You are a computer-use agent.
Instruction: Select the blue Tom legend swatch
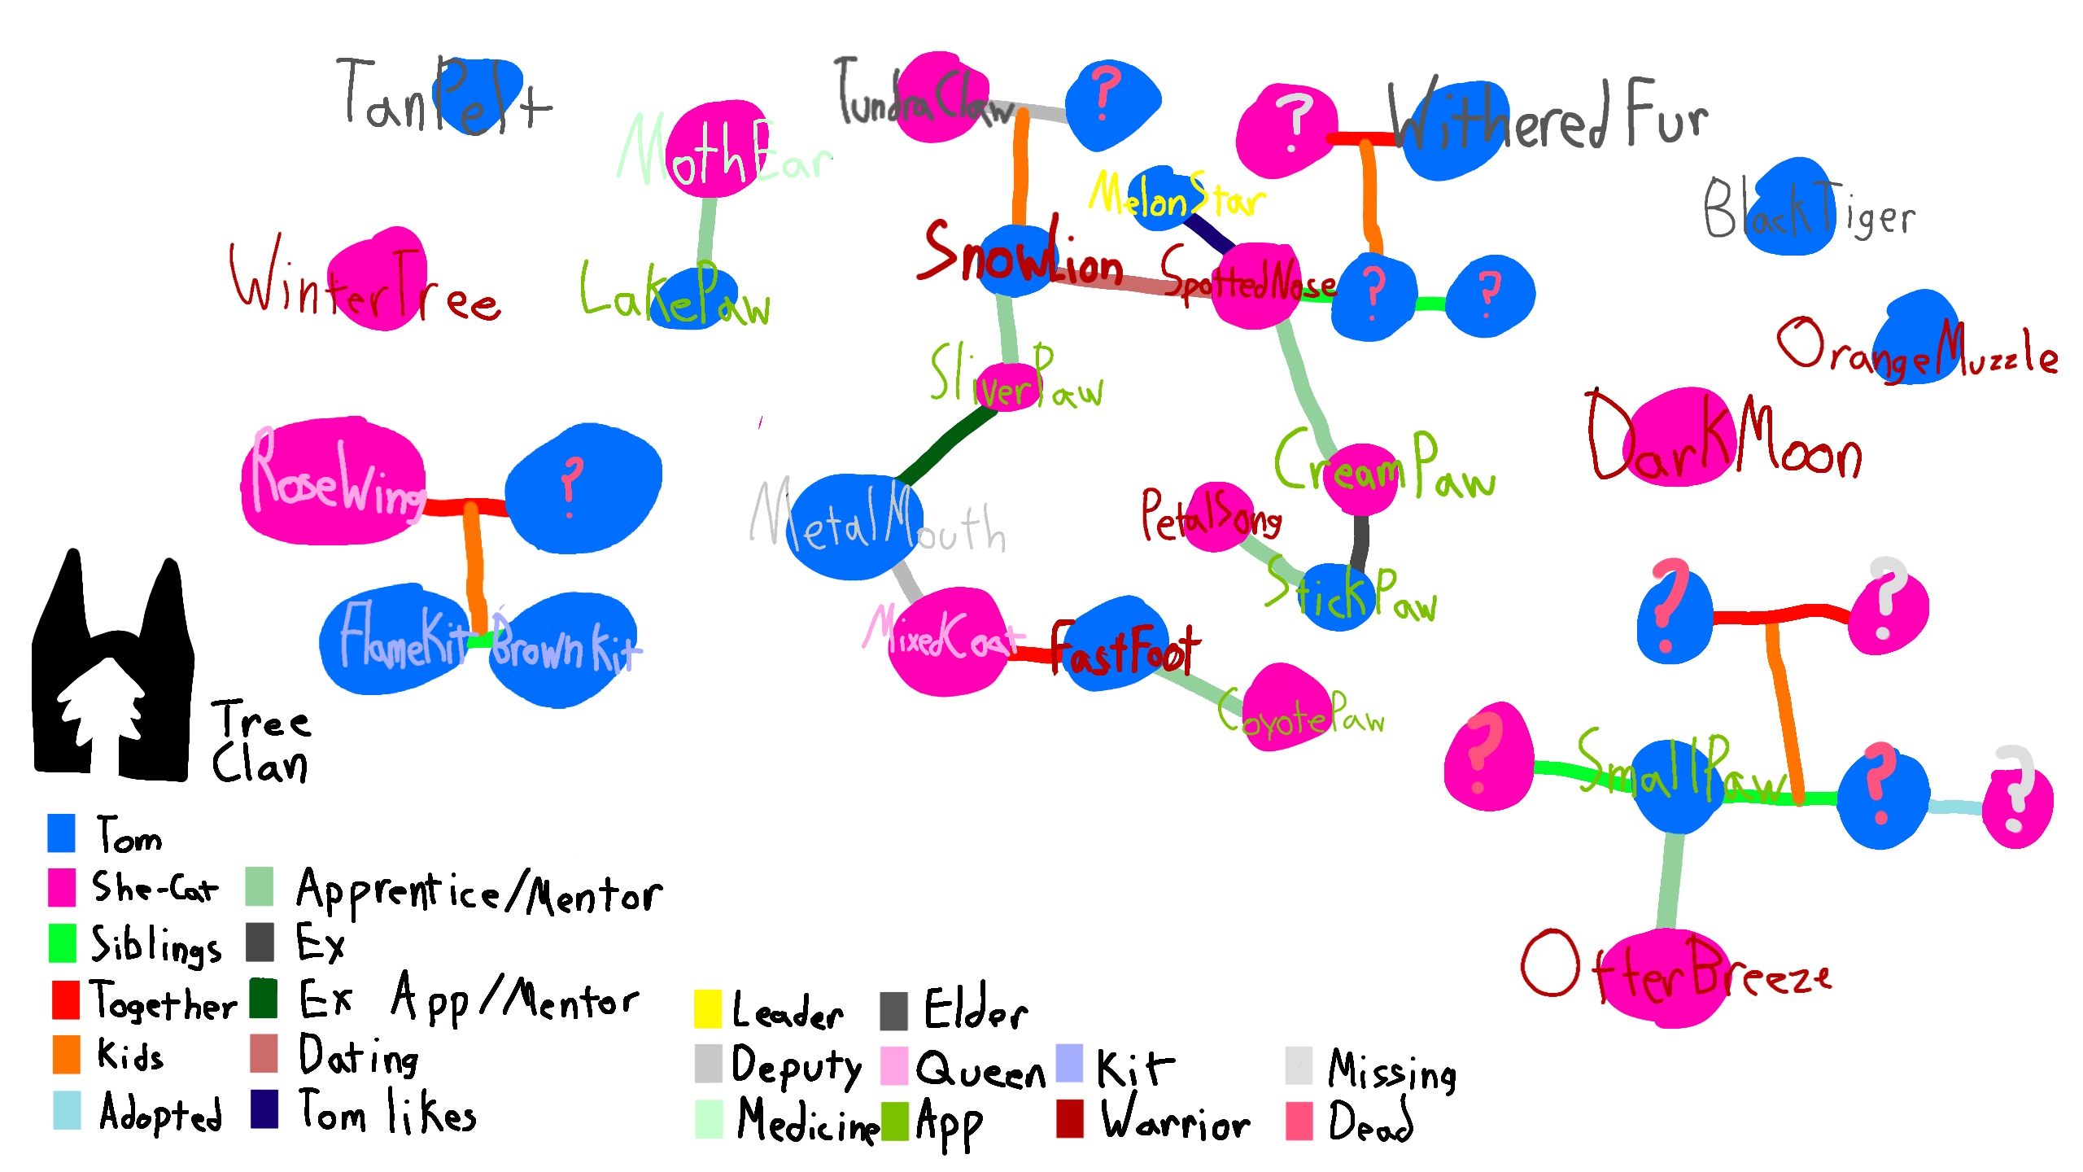coord(62,833)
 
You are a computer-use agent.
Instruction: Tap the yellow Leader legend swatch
coord(707,1008)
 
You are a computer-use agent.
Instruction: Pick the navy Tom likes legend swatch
coord(264,1109)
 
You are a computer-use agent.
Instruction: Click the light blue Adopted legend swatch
coord(67,1110)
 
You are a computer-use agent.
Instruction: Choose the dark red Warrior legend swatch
coord(1069,1118)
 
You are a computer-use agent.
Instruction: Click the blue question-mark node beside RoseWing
coord(583,488)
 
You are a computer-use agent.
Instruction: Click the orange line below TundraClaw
coord(1020,171)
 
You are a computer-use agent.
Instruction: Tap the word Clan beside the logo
coord(260,765)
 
